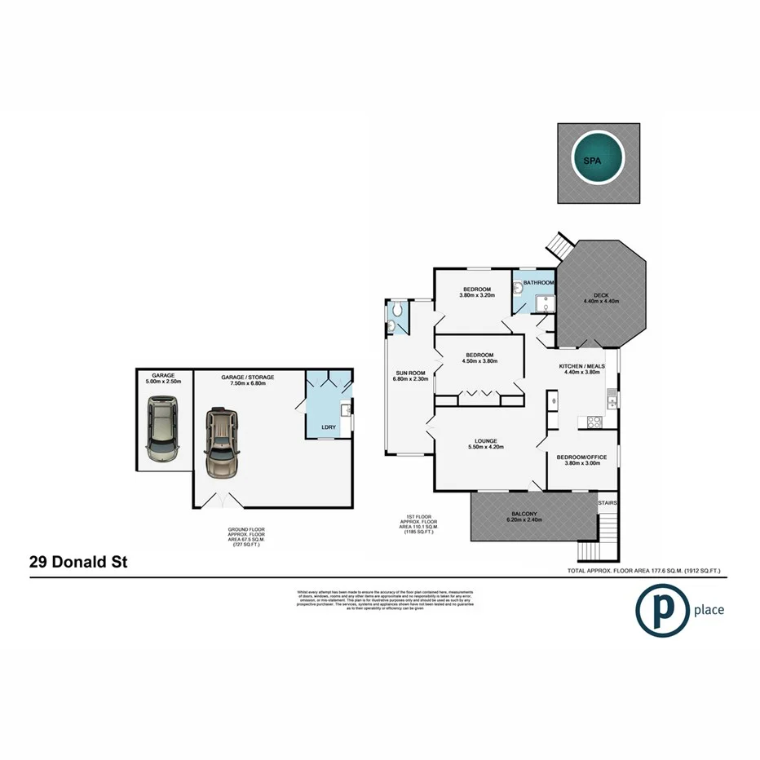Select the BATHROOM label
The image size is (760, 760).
pyautogui.click(x=538, y=283)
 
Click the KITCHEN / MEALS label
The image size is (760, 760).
pyautogui.click(x=581, y=367)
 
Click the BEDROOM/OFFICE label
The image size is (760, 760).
pyautogui.click(x=581, y=457)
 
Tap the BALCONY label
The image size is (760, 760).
pyautogui.click(x=524, y=513)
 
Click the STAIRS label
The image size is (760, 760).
pyautogui.click(x=608, y=503)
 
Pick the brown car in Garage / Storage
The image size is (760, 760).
pyautogui.click(x=222, y=442)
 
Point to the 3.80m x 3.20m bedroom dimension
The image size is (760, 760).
pyautogui.click(x=477, y=296)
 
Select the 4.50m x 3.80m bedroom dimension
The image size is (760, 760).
pyautogui.click(x=479, y=361)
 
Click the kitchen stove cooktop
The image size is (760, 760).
pyautogui.click(x=594, y=422)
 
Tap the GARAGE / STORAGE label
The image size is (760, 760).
pyautogui.click(x=248, y=378)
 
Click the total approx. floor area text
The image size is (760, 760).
pyautogui.click(x=650, y=571)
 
